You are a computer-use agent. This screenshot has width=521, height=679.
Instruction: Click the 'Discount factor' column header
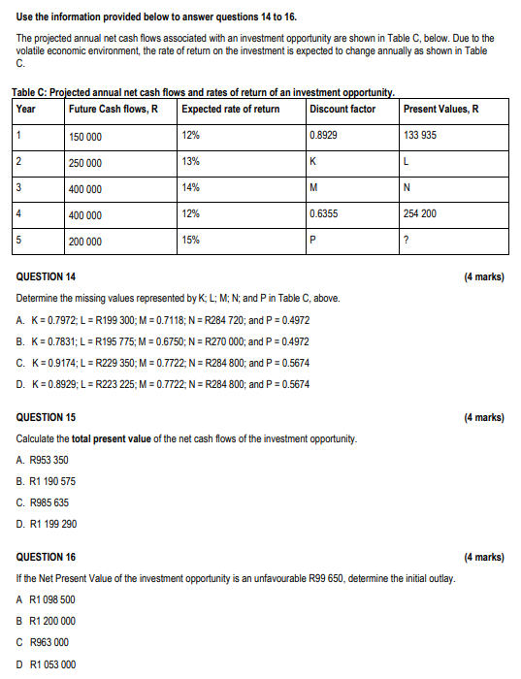tap(342, 109)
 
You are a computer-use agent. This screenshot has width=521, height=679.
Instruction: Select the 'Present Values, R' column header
tap(441, 109)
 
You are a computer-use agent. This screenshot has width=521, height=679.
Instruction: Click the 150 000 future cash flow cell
tap(85, 137)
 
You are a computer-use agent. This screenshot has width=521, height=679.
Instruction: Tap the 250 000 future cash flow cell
tap(85, 163)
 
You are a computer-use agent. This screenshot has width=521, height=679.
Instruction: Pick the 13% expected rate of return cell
tap(191, 161)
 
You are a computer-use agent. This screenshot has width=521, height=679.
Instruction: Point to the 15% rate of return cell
tap(191, 240)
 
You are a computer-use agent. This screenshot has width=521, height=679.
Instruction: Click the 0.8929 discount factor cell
tap(324, 135)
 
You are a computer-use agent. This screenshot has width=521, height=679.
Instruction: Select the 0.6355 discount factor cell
tap(324, 213)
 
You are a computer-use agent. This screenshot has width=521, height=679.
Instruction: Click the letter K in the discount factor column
tap(313, 162)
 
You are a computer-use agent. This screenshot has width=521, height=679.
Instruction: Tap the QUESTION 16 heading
tap(47, 558)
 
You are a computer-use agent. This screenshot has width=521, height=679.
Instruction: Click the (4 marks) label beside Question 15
tap(484, 418)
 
